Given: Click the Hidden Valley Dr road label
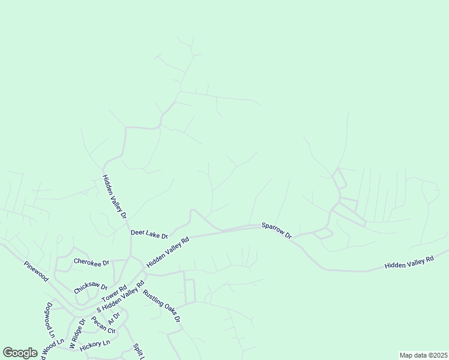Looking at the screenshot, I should point(115,196).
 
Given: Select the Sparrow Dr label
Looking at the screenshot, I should point(276,230).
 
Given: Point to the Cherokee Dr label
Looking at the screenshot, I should point(91,262).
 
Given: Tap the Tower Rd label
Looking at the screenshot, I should point(113,294).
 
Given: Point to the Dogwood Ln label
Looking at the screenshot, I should point(50,319).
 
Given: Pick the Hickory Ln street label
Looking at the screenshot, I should point(95,343).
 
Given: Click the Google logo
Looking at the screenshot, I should point(20,353).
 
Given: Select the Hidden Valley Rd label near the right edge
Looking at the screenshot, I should point(409,262).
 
